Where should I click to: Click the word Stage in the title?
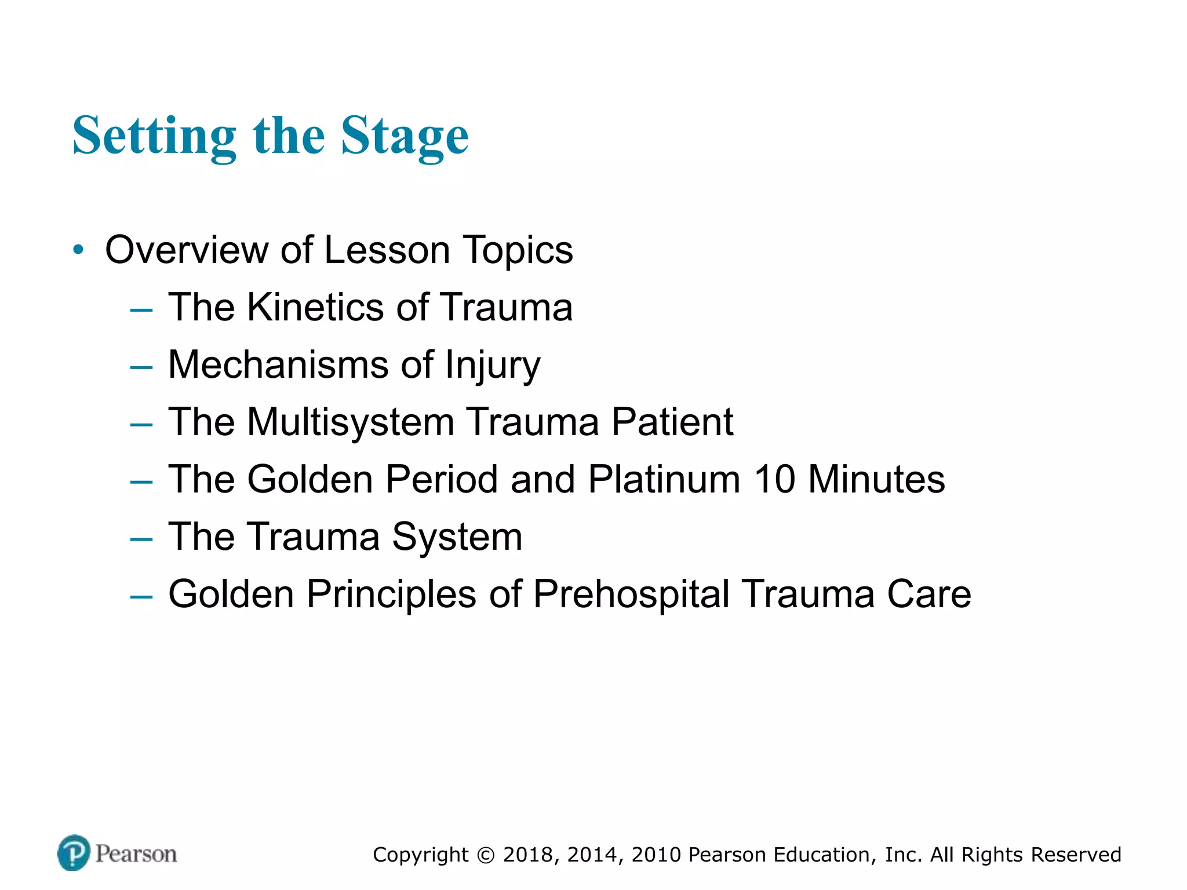[x=405, y=137]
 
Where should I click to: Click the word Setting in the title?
[x=154, y=137]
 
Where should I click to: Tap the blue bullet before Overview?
[x=79, y=250]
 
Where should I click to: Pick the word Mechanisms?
[x=278, y=365]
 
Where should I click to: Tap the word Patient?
[x=672, y=422]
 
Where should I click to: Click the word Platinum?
[x=664, y=480]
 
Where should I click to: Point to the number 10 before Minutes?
[x=774, y=480]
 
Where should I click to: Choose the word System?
[x=457, y=538]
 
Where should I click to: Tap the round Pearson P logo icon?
[x=74, y=853]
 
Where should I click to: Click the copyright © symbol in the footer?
[x=486, y=855]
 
